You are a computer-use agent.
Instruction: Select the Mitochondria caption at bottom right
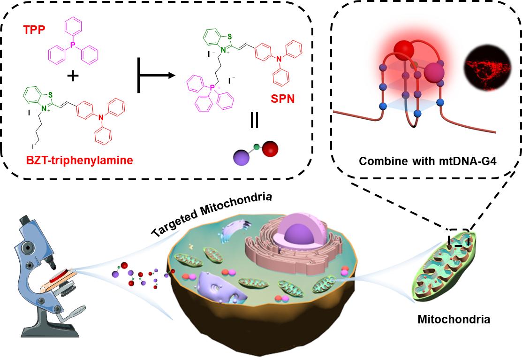tap(454, 320)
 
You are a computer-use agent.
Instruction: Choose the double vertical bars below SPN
tap(254, 121)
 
